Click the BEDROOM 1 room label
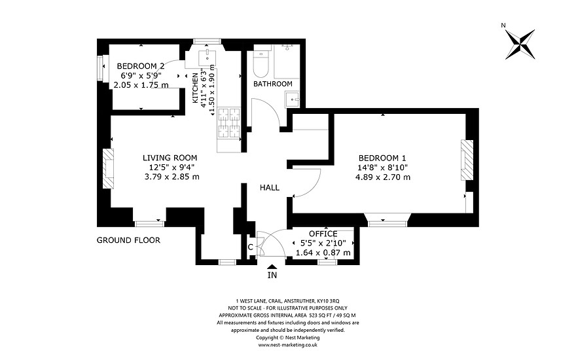382,158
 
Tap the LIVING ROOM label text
170,158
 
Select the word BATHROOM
273,84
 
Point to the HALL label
269,188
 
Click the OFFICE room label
323,234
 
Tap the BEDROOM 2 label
141,66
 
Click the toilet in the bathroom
262,62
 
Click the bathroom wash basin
293,99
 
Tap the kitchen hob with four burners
229,124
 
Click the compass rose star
520,44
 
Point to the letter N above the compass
503,26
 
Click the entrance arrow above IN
272,266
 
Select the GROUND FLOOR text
128,240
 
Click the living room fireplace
108,168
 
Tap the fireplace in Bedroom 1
467,160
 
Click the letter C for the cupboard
251,247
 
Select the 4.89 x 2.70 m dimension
383,177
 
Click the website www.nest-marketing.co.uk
287,345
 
